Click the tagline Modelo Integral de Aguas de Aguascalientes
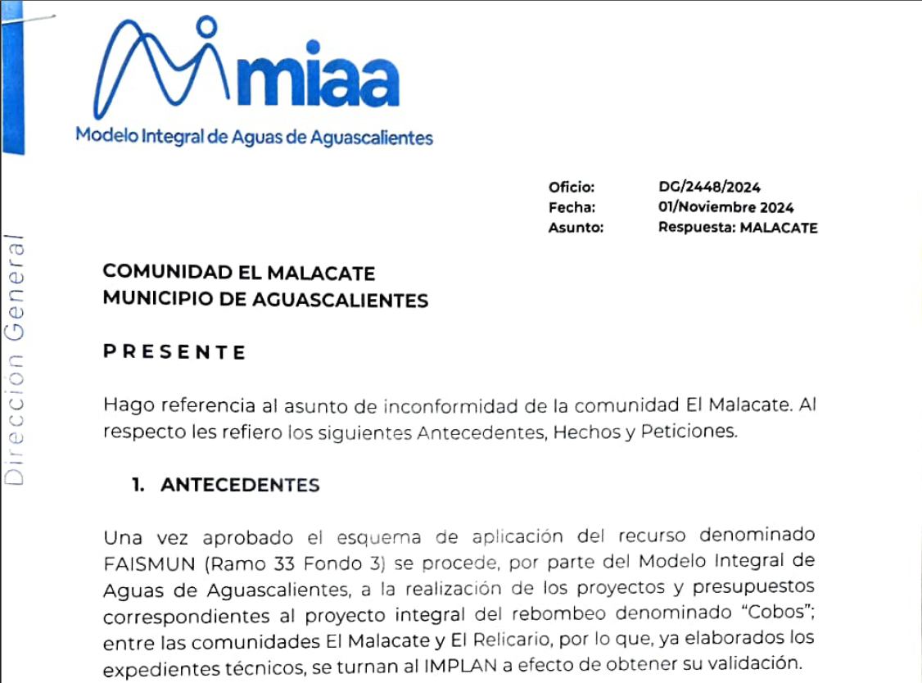[254, 136]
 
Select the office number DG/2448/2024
[709, 188]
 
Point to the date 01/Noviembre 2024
[725, 208]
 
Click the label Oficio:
[572, 188]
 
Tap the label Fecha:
[572, 208]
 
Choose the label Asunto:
[576, 228]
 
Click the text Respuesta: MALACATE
[737, 228]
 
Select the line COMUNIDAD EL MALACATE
[239, 273]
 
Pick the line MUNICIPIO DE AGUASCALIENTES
[265, 301]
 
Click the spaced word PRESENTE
[174, 353]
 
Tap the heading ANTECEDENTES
[240, 485]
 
